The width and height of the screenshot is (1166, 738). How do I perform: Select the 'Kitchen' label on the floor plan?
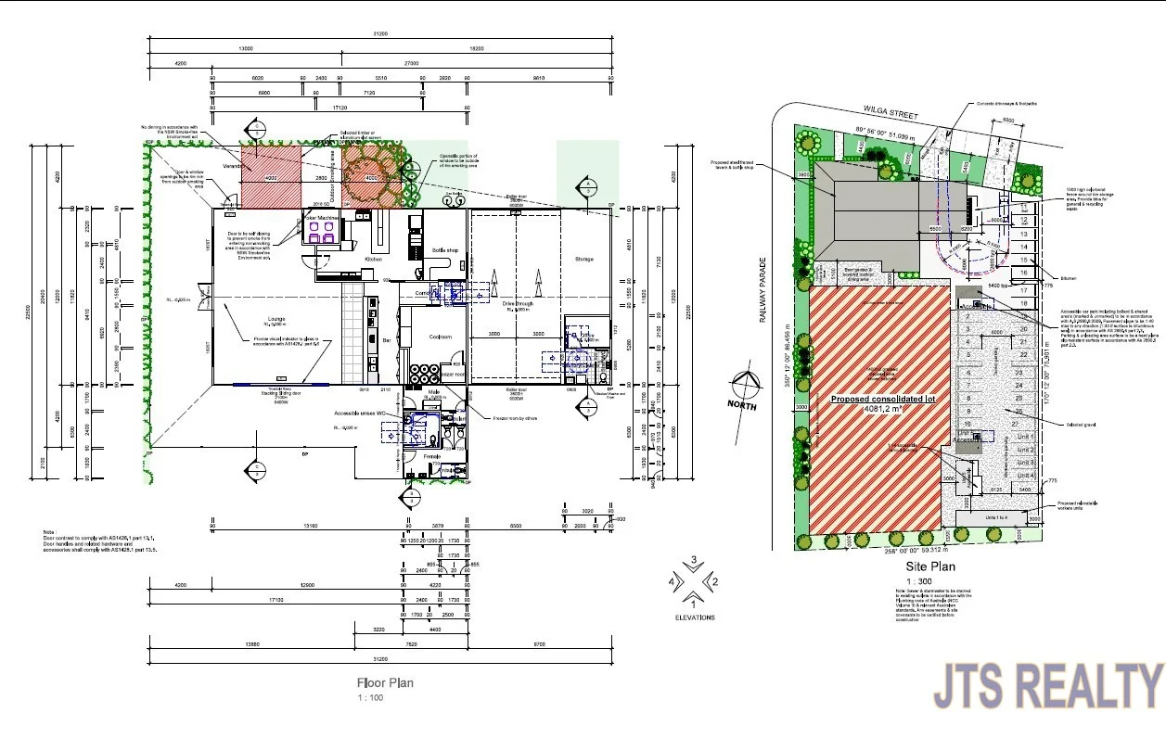[x=374, y=259]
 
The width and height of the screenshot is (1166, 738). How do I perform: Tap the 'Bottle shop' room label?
[x=445, y=250]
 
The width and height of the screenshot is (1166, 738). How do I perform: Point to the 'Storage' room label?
[x=583, y=259]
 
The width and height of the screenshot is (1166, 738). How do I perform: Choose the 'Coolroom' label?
[x=439, y=337]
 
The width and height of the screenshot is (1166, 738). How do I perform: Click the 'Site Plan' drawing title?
[x=930, y=566]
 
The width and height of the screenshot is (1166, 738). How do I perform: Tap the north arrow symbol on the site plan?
[x=744, y=387]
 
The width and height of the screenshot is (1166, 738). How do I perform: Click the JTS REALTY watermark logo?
[x=1047, y=686]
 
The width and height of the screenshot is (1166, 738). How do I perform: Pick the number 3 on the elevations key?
[x=693, y=561]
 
